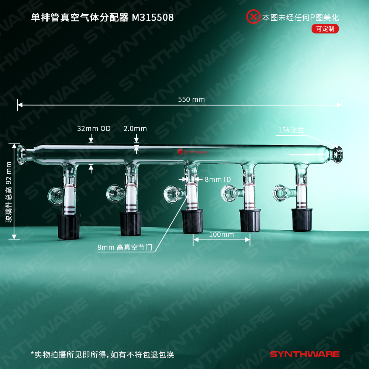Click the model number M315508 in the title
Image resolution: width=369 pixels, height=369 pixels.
coord(153,17)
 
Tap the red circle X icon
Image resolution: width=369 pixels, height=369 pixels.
coord(253,17)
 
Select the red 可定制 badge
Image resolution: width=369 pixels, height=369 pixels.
coord(325,29)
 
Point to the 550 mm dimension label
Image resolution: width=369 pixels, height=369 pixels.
coord(191,99)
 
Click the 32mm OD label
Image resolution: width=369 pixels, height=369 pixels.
coord(94,128)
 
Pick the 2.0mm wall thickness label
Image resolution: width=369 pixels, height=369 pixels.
coord(135,128)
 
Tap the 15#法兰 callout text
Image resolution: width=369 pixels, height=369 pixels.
coord(291,130)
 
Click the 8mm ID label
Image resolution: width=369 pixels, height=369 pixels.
coord(218,180)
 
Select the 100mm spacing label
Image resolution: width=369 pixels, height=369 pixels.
coord(221,234)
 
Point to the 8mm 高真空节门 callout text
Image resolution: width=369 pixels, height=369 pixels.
coord(125,247)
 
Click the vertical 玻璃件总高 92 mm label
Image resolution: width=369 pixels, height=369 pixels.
coord(9,192)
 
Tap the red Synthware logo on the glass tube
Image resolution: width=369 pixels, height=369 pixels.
coord(192,152)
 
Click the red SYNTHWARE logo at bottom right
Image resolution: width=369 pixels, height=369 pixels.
coord(305,354)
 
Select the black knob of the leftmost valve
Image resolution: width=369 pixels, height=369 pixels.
coord(69,227)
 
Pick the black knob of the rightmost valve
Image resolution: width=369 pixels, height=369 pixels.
coord(302,220)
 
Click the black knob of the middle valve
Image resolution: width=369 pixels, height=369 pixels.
coord(193,221)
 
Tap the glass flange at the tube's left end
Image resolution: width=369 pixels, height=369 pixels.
coord(22,155)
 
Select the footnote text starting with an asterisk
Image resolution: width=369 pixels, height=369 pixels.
coord(103,355)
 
